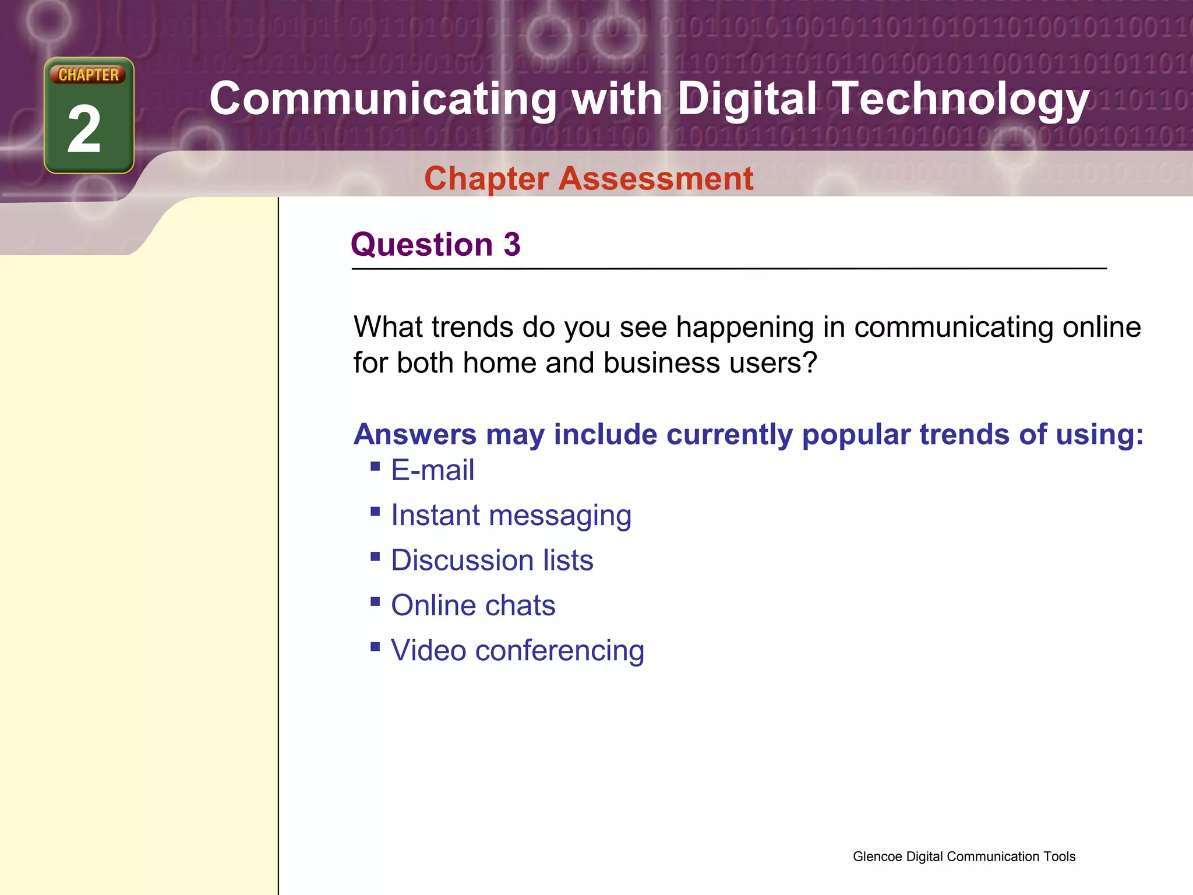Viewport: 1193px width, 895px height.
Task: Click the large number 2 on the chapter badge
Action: pyautogui.click(x=84, y=129)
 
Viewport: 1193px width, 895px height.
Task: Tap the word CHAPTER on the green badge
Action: pyautogui.click(x=88, y=75)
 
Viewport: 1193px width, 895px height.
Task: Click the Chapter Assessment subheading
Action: pyautogui.click(x=588, y=178)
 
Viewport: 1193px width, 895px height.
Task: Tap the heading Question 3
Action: pyautogui.click(x=435, y=244)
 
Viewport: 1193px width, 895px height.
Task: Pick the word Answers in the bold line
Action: pyautogui.click(x=415, y=435)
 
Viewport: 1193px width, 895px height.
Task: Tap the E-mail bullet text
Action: pyautogui.click(x=432, y=470)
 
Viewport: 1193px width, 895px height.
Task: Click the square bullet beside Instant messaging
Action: pyautogui.click(x=375, y=512)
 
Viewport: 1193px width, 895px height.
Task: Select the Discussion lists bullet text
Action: pyautogui.click(x=492, y=561)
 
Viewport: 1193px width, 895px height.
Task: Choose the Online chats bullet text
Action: pyautogui.click(x=473, y=605)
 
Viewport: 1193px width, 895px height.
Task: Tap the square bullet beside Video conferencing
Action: pyautogui.click(x=375, y=646)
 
